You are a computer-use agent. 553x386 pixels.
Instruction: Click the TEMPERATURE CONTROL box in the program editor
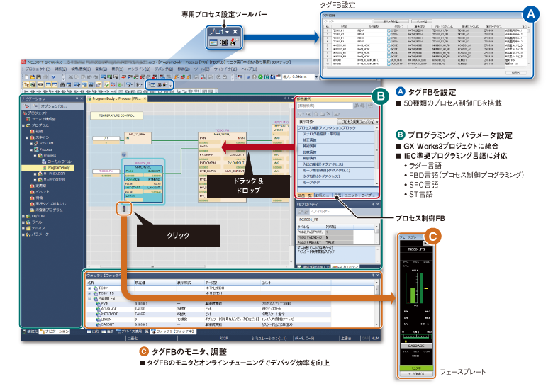[118, 113]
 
